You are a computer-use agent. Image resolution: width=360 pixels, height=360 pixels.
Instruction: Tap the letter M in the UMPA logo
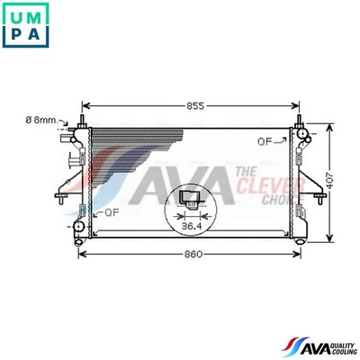(x=36, y=13)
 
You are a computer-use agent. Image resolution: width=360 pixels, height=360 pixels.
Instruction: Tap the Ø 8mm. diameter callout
(x=41, y=120)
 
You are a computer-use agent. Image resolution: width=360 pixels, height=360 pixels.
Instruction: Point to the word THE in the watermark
(x=243, y=171)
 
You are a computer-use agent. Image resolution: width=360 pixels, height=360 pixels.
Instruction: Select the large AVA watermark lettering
(x=184, y=183)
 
